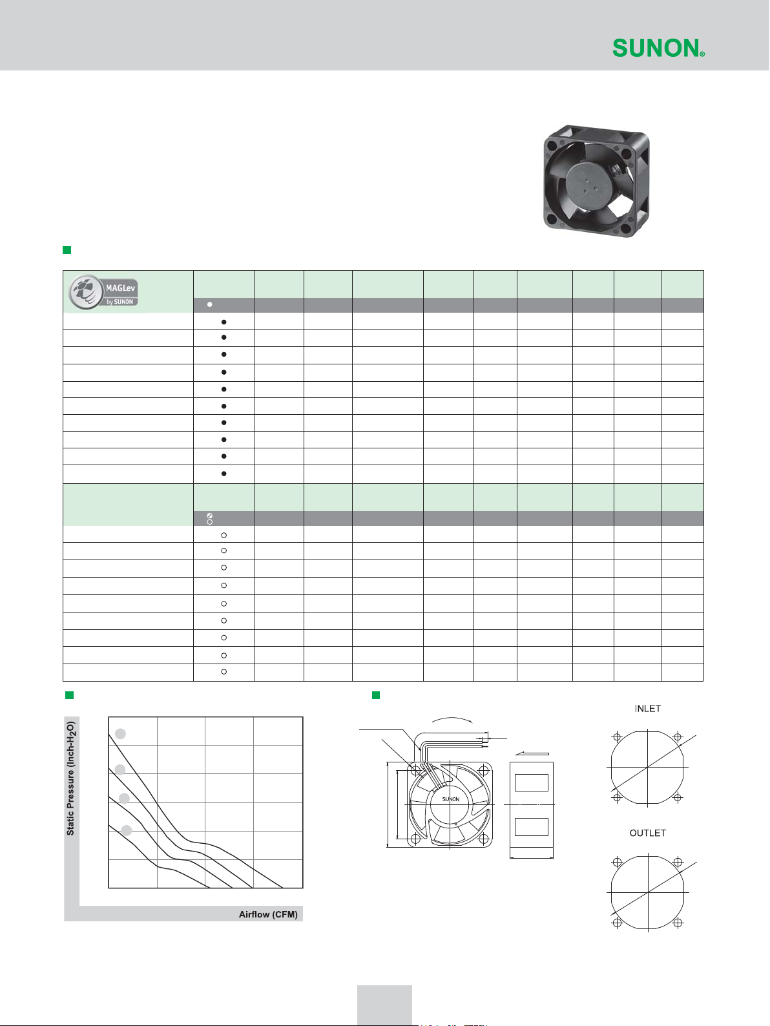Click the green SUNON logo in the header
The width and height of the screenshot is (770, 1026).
click(658, 48)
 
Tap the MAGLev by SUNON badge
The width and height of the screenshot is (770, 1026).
click(103, 291)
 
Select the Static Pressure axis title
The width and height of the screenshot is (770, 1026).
click(70, 779)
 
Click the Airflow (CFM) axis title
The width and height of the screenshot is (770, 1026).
click(268, 914)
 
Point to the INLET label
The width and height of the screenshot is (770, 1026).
click(647, 709)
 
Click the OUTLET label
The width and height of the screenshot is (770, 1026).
click(647, 833)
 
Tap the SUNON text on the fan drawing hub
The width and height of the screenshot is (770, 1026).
click(451, 799)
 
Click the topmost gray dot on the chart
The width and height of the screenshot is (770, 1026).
click(121, 734)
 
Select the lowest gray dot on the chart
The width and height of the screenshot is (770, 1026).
click(127, 830)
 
